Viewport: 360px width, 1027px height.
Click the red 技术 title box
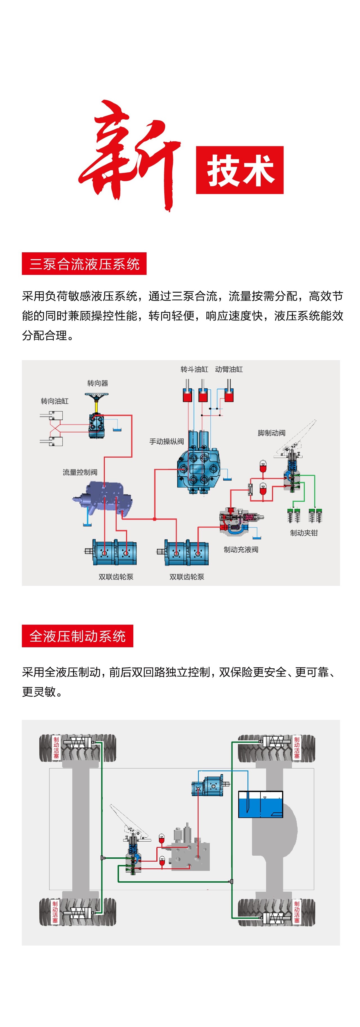pyautogui.click(x=240, y=170)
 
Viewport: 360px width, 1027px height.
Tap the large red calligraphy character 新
pyautogui.click(x=130, y=156)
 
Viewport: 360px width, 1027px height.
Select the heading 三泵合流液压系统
pyautogui.click(x=84, y=264)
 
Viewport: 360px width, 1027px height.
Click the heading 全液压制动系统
pyautogui.click(x=77, y=636)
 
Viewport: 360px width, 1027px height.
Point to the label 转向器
pyautogui.click(x=98, y=383)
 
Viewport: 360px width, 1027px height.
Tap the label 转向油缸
pyautogui.click(x=55, y=401)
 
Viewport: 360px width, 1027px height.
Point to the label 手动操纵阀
pyautogui.click(x=167, y=441)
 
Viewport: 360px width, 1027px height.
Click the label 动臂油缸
pyautogui.click(x=229, y=369)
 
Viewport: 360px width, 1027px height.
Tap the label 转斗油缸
pyautogui.click(x=194, y=369)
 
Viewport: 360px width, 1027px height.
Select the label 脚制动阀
pyautogui.click(x=271, y=433)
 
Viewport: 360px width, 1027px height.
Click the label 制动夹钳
pyautogui.click(x=304, y=533)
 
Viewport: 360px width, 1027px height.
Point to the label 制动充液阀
pyautogui.click(x=241, y=549)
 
